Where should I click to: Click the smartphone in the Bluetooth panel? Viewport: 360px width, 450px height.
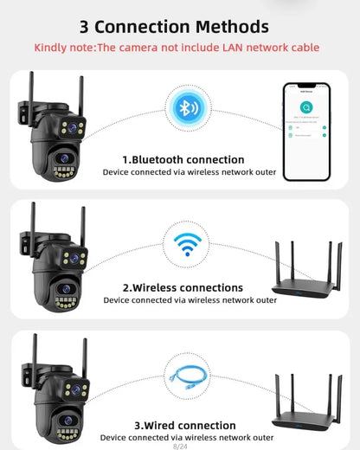pyautogui.click(x=305, y=131)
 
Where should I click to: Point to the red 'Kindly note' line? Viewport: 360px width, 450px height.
pyautogui.click(x=177, y=47)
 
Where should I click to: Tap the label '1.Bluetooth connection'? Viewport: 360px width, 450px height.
pyautogui.click(x=183, y=159)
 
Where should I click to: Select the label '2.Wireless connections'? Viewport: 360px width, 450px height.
pyautogui.click(x=183, y=287)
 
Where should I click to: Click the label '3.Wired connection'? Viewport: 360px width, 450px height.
pyautogui.click(x=185, y=425)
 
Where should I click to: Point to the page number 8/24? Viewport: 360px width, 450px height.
pyautogui.click(x=180, y=446)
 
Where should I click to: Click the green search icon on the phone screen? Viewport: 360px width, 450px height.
pyautogui.click(x=305, y=106)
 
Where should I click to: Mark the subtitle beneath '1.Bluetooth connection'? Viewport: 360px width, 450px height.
pyautogui.click(x=190, y=172)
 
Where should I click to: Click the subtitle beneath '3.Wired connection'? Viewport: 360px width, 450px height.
pyautogui.click(x=190, y=439)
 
